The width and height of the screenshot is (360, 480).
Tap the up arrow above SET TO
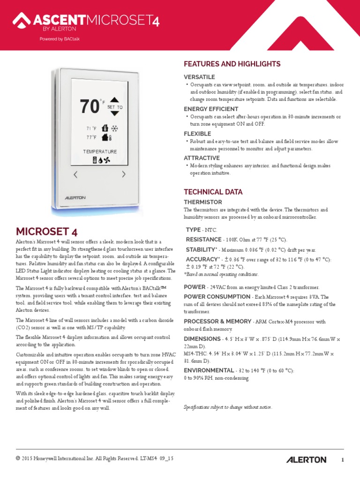click(x=115, y=100)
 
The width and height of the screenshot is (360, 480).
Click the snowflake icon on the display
click(x=114, y=128)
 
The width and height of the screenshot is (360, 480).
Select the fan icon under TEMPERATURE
click(x=107, y=160)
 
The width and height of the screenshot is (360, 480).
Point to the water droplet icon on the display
click(x=100, y=160)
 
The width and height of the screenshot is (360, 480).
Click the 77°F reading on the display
click(x=91, y=137)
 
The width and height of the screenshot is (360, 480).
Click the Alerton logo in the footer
click(x=306, y=459)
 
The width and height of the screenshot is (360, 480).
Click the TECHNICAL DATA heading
click(x=213, y=192)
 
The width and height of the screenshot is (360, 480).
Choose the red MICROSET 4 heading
click(x=47, y=232)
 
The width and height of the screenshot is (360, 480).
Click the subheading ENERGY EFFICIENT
click(x=211, y=109)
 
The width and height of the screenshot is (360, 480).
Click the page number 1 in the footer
click(x=343, y=460)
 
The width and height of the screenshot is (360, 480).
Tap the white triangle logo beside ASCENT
click(x=21, y=20)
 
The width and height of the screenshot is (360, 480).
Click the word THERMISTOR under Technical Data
click(x=202, y=202)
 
